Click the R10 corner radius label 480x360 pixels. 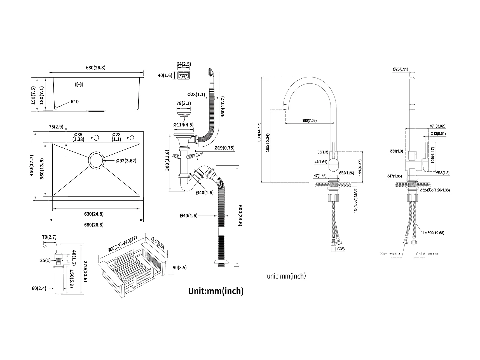(x=74, y=102)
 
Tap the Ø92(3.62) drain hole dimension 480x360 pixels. (x=126, y=161)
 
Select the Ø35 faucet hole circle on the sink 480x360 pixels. (x=96, y=138)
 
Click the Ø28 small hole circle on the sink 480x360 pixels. (x=132, y=137)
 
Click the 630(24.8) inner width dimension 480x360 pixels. (x=94, y=214)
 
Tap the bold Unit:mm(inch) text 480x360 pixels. (x=216, y=291)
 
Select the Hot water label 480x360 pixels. (x=390, y=254)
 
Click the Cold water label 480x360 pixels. (x=427, y=254)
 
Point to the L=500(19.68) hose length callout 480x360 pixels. (x=434, y=233)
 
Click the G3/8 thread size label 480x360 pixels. (x=341, y=249)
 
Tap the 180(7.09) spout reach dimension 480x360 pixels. (x=309, y=121)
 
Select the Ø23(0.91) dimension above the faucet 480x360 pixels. (x=400, y=69)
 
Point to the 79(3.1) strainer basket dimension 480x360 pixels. (x=184, y=103)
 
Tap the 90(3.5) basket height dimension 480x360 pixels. (x=179, y=267)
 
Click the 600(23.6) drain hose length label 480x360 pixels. (x=240, y=216)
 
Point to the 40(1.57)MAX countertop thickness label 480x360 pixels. (x=355, y=201)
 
